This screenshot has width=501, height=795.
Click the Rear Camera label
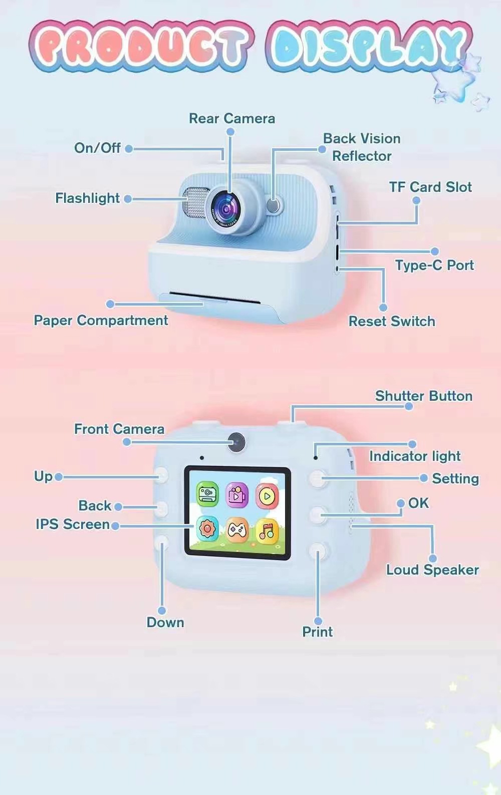(x=232, y=119)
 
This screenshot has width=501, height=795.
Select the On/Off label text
(x=97, y=148)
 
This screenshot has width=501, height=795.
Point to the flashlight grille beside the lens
(x=194, y=203)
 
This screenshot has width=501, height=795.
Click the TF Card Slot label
(x=430, y=187)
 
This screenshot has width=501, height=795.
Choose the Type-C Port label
(x=434, y=265)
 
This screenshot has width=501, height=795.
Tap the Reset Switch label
(x=392, y=321)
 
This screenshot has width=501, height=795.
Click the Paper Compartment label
(x=101, y=320)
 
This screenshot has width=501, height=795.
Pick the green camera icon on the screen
(x=207, y=495)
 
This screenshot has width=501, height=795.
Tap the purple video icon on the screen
(x=237, y=495)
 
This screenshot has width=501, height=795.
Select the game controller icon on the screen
(x=237, y=529)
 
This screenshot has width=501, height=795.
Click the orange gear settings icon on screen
(x=207, y=528)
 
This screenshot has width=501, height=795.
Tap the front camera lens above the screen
(x=236, y=442)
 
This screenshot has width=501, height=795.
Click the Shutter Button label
(x=424, y=396)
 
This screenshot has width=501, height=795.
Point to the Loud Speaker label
(x=432, y=570)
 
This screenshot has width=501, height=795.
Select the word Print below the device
(x=317, y=632)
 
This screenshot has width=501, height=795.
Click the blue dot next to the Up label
(x=59, y=477)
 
